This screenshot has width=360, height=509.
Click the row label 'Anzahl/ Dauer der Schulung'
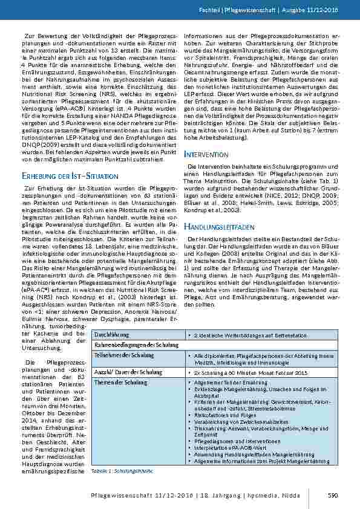(x=124, y=372)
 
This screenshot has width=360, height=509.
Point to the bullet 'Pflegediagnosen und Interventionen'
(x=233, y=458)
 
